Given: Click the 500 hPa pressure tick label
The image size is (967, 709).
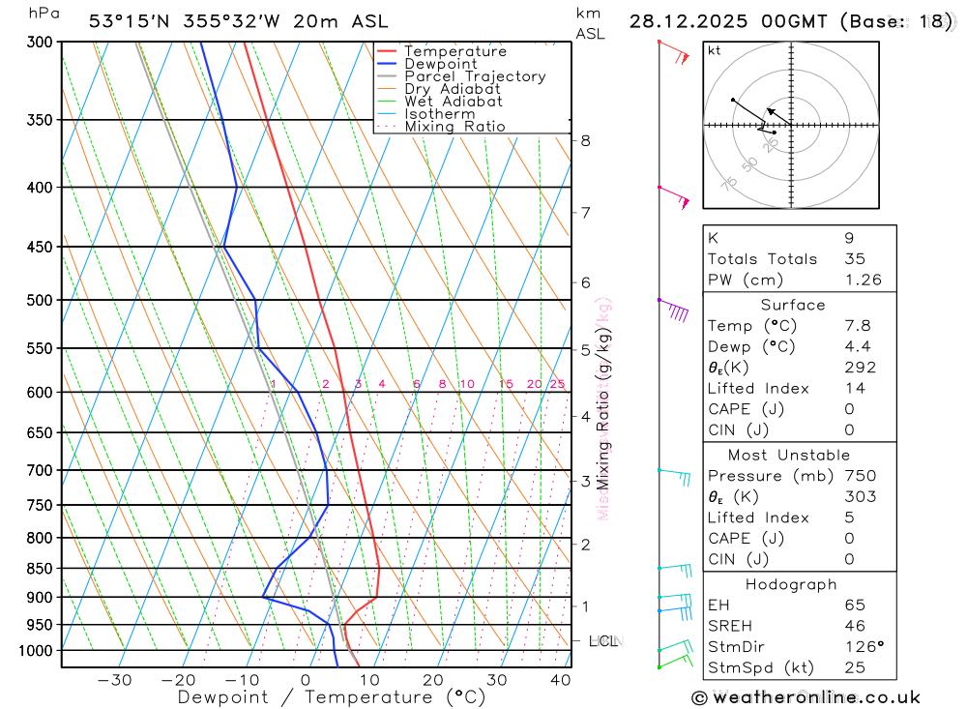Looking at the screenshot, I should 41,301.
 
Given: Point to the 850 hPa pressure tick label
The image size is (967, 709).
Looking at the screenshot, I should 41,569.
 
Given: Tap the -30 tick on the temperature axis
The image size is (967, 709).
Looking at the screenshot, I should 114,680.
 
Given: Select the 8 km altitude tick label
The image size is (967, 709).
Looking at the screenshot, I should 585,140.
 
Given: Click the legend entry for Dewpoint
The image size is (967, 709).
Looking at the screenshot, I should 440,64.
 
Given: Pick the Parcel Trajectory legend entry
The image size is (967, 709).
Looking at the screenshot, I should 474,76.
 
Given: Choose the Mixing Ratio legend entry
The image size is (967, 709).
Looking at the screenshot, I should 454,126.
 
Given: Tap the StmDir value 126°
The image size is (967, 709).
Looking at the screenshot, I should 863,647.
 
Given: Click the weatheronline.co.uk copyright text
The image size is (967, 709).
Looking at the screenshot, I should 806,697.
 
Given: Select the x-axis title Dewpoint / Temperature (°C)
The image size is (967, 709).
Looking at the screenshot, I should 332,696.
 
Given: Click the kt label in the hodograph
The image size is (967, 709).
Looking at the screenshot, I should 715,51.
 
